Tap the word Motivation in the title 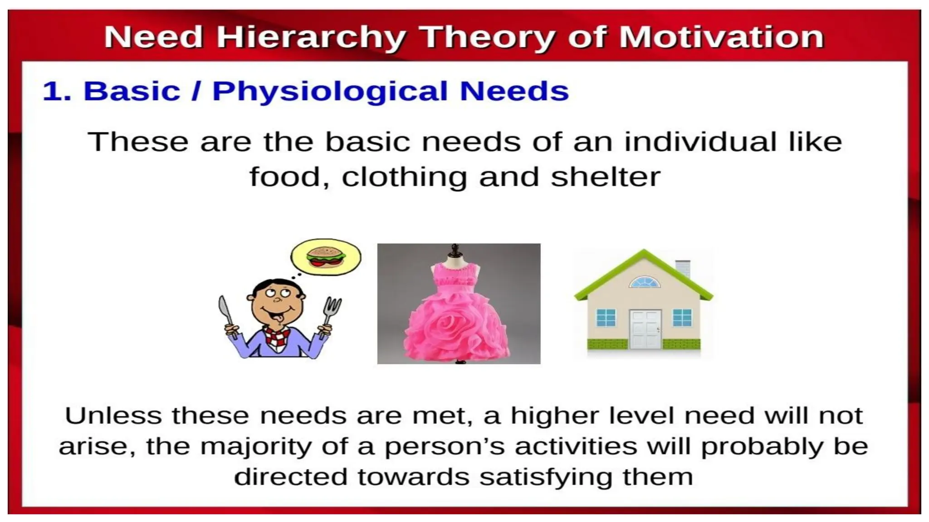pyautogui.click(x=721, y=37)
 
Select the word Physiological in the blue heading pyautogui.click(x=330, y=92)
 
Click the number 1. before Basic pyautogui.click(x=57, y=92)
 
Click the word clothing pyautogui.click(x=404, y=177)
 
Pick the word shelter pyautogui.click(x=605, y=177)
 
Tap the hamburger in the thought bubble pyautogui.click(x=325, y=256)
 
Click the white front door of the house pyautogui.click(x=645, y=329)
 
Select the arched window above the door pyautogui.click(x=644, y=283)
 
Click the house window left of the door pyautogui.click(x=606, y=318)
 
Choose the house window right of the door pyautogui.click(x=682, y=318)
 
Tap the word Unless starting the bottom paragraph pyautogui.click(x=113, y=416)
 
